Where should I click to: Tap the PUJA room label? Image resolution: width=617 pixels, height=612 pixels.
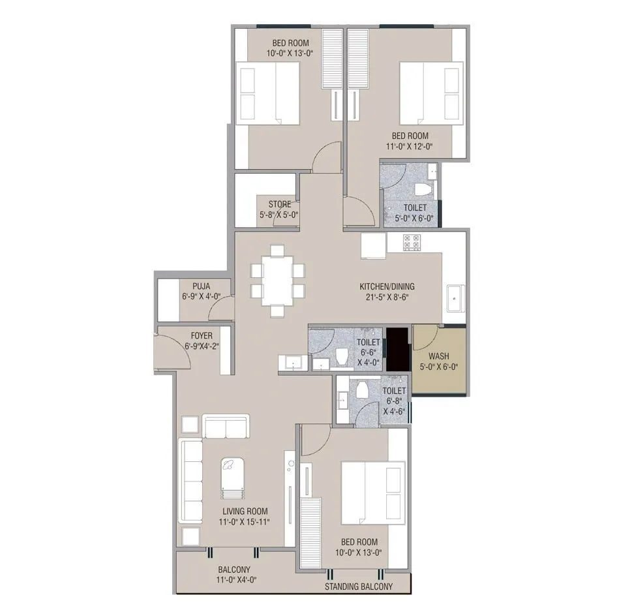point(201,286)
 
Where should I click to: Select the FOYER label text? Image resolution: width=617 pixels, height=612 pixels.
point(201,337)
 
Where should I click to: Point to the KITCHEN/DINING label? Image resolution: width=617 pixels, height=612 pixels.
point(387,286)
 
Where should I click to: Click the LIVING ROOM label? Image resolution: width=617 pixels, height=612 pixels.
point(244,511)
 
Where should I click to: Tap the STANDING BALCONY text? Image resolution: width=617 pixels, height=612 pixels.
point(359,587)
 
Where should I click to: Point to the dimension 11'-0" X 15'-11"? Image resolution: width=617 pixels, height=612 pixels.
point(244,521)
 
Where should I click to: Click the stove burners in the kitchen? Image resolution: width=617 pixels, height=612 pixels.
point(412,242)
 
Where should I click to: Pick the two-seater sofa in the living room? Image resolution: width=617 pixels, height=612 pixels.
point(226,427)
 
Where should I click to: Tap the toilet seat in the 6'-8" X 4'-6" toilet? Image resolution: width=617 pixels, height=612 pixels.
point(363,390)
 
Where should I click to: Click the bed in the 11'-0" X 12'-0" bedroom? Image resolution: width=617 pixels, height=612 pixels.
point(431,93)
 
